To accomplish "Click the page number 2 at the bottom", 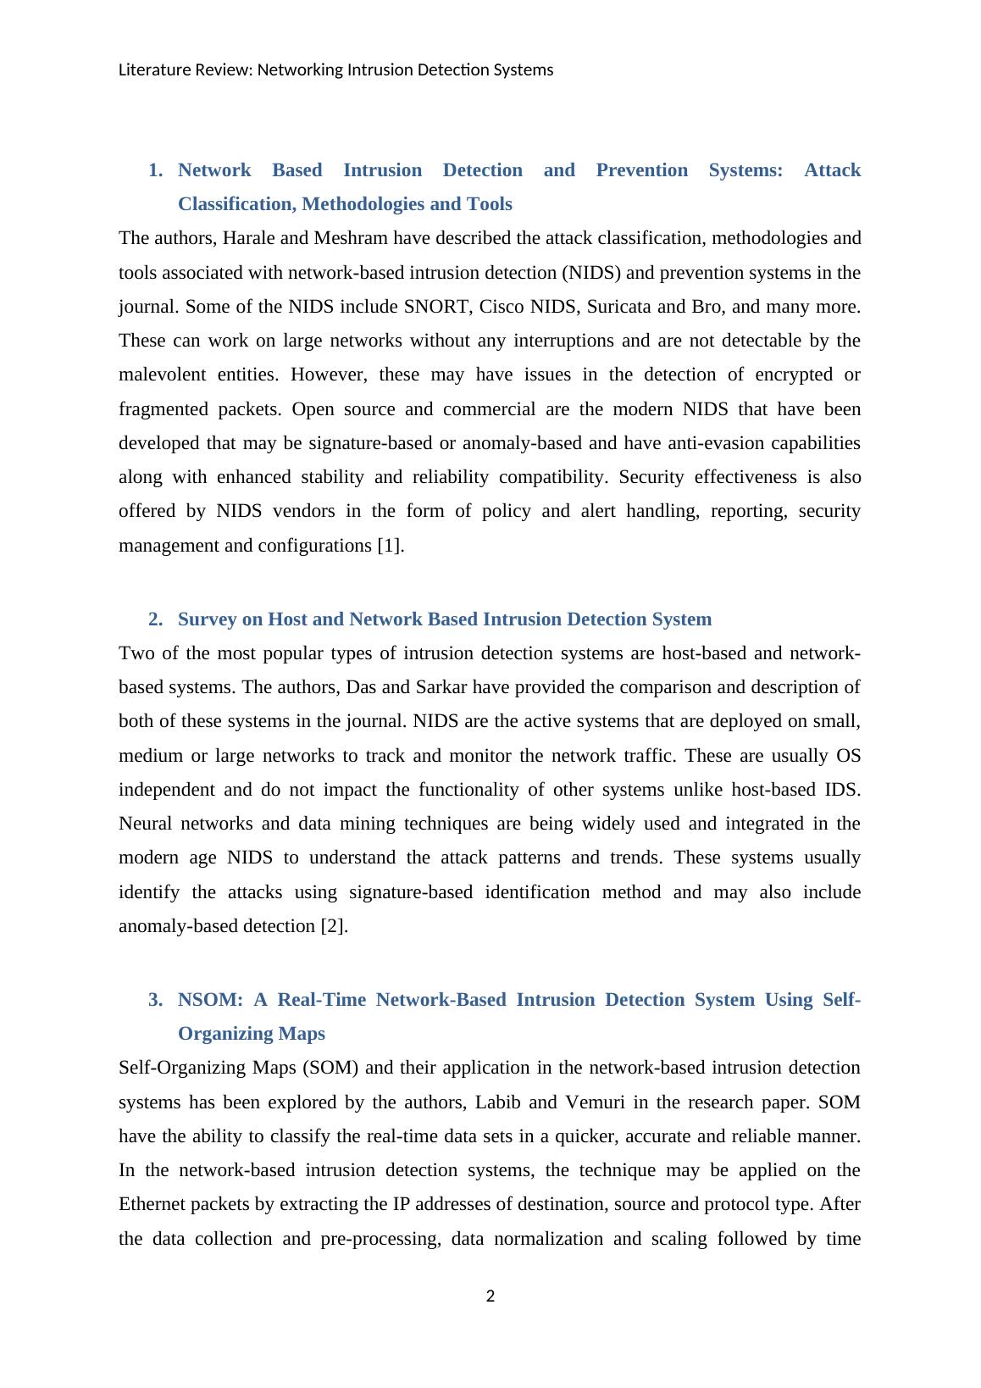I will pos(490,1296).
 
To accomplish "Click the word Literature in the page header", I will pos(149,70).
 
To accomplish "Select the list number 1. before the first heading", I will pos(155,170).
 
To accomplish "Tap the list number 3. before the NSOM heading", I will pos(155,1000).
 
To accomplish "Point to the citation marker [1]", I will pos(390,546).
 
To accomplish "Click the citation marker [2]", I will pos(334,926).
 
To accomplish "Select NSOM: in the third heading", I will pos(210,1000).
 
